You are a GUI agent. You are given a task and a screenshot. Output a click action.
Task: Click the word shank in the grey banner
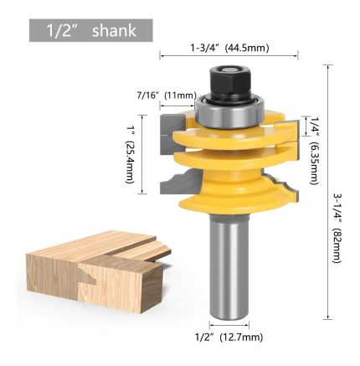click(114, 30)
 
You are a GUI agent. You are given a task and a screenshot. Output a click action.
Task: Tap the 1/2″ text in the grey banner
click(60, 31)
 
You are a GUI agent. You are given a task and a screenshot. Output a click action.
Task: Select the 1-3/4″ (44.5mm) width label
click(229, 48)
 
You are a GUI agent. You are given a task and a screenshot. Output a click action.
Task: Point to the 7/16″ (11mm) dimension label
click(167, 95)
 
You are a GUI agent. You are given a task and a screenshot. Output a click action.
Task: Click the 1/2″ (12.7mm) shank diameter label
click(229, 338)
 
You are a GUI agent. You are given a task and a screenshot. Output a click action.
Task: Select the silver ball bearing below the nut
click(229, 111)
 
